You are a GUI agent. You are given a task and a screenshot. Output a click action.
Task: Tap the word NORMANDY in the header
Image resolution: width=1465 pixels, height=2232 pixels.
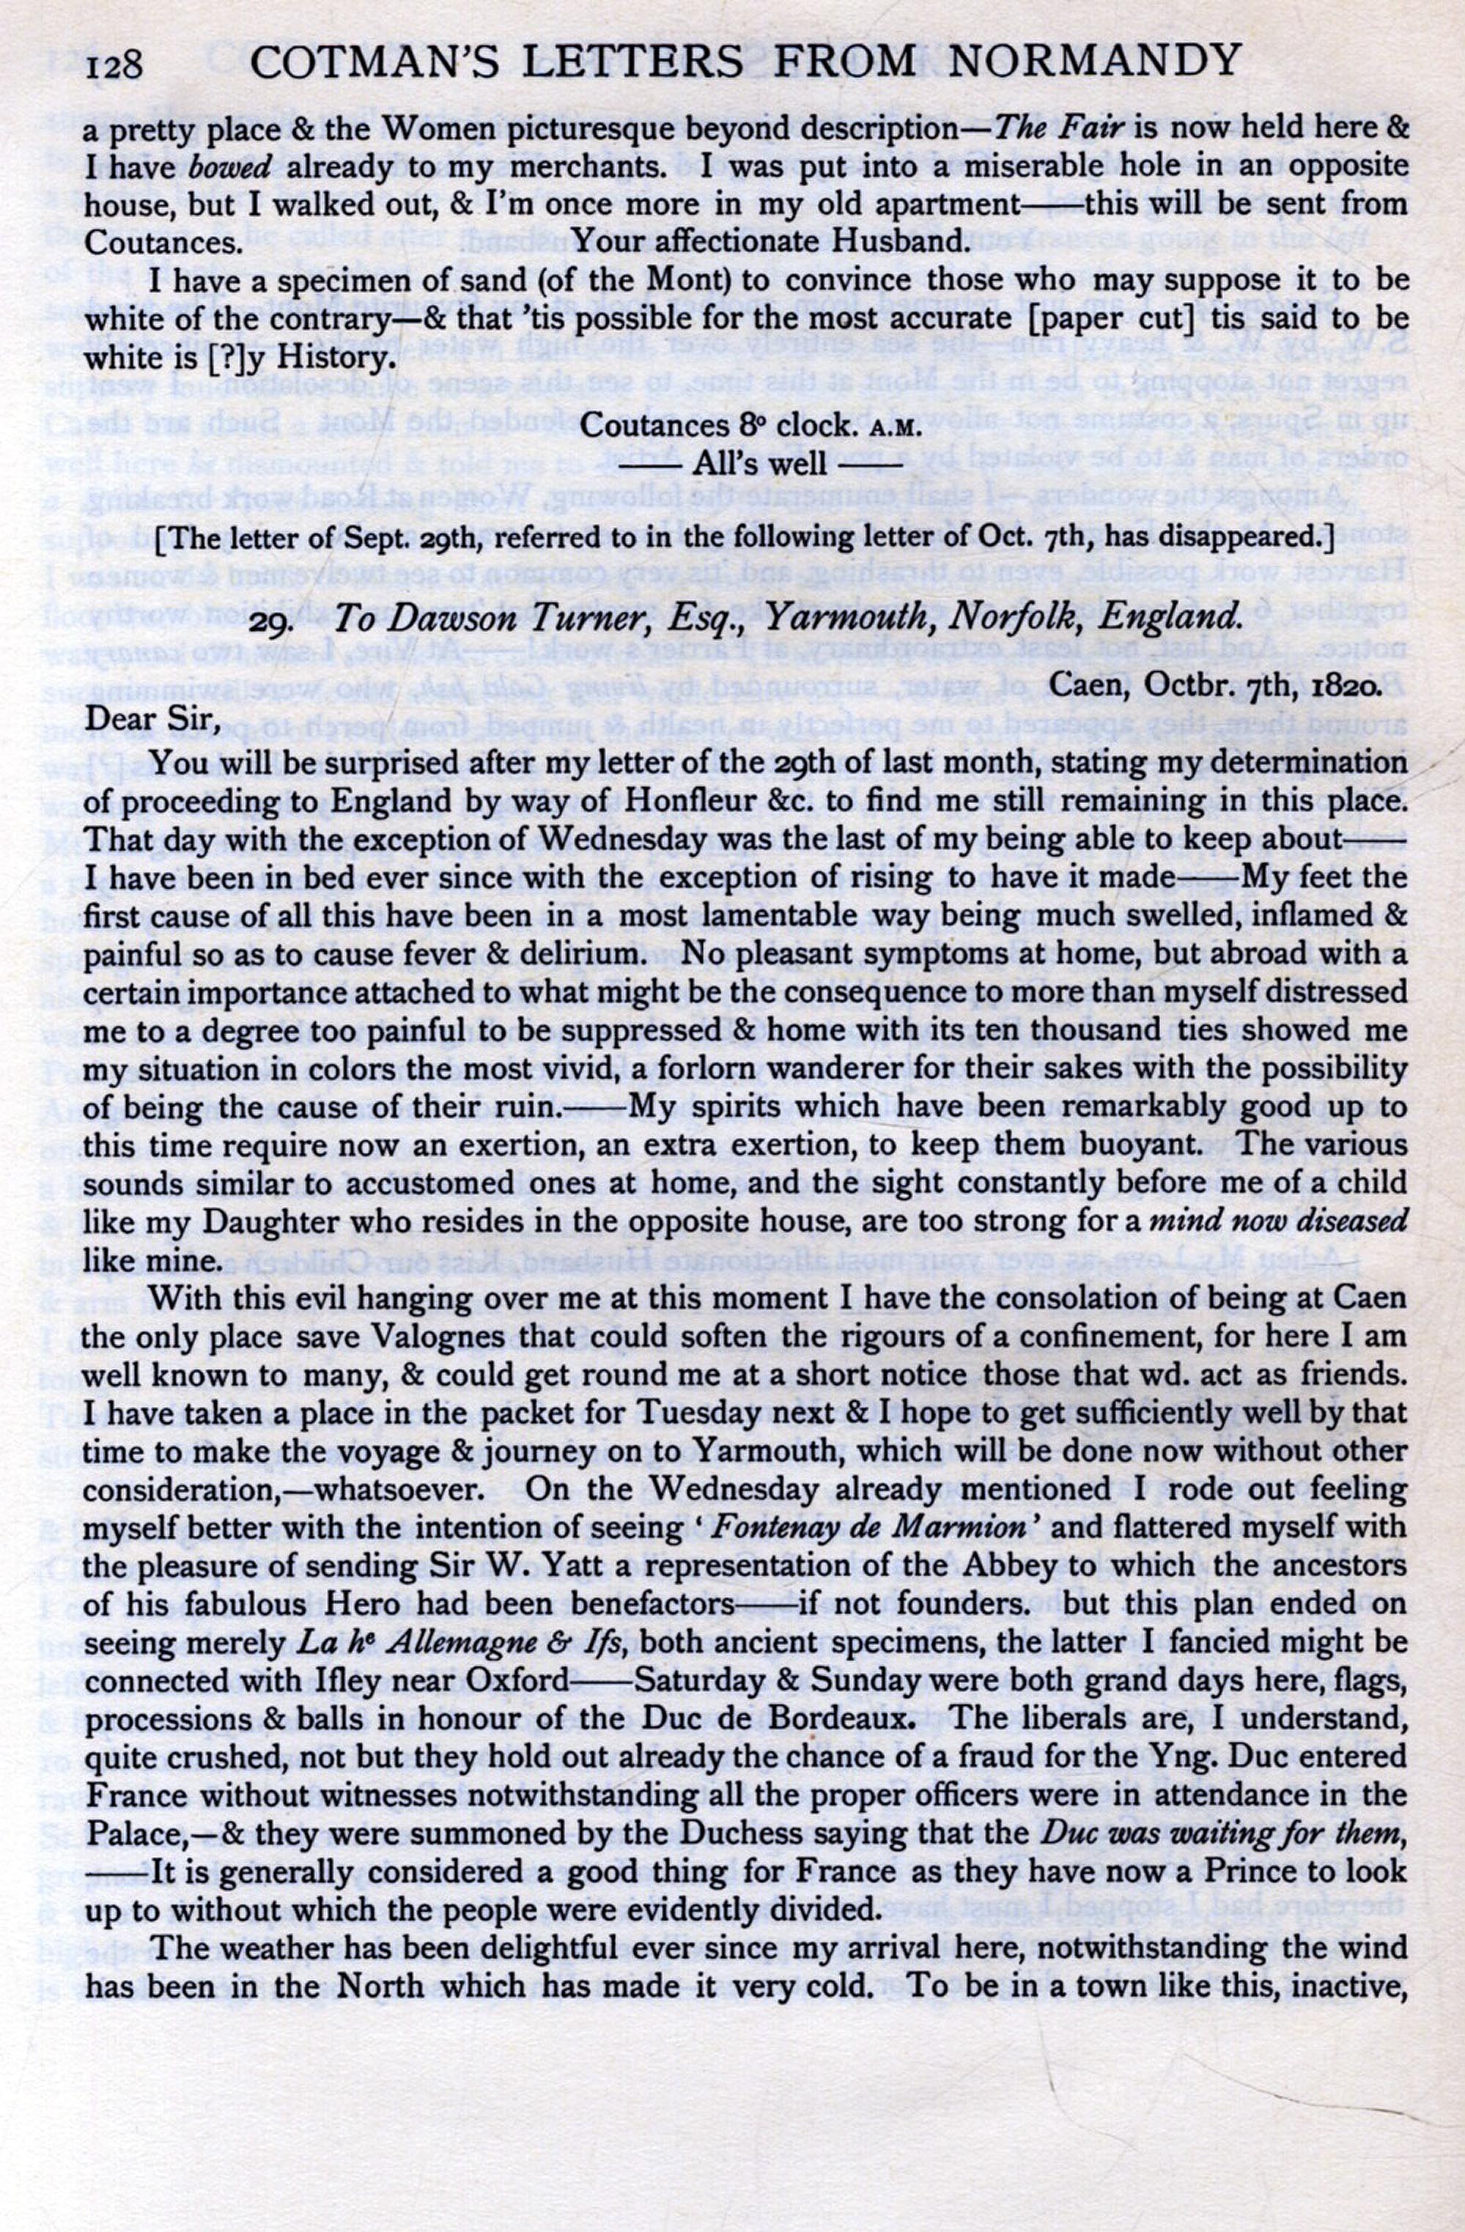[x=1094, y=62]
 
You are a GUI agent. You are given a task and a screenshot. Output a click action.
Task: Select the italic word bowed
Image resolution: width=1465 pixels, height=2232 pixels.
[x=230, y=167]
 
